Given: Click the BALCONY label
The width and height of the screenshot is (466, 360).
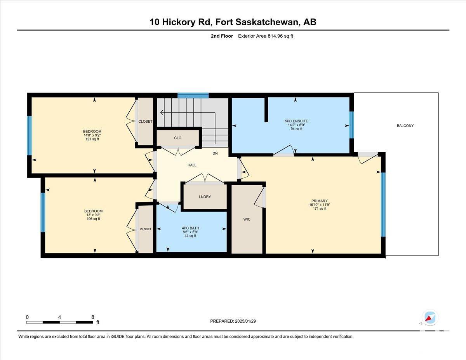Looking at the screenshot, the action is [405, 126].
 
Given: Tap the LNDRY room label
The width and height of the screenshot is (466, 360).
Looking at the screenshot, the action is [205, 197].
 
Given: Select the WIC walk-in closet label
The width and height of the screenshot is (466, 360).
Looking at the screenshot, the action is [247, 219].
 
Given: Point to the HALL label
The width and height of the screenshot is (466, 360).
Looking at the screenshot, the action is [192, 165].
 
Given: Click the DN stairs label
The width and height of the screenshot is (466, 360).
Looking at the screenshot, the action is [215, 153].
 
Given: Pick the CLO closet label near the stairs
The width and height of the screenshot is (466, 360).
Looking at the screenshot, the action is [178, 138].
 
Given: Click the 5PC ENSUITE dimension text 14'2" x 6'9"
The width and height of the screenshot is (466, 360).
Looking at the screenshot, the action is [296, 125].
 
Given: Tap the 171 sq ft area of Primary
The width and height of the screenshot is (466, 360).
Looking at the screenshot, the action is [320, 209].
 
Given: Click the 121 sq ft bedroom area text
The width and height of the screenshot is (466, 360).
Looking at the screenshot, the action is [92, 139].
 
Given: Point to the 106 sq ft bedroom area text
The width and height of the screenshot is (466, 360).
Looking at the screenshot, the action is [93, 219].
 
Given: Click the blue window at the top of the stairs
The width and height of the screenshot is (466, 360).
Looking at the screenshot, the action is [193, 95].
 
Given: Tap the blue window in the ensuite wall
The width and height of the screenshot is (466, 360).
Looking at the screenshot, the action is [351, 125].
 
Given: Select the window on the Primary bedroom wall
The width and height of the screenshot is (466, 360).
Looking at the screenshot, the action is [383, 205].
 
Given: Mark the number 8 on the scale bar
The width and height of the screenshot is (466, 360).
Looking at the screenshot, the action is [93, 317].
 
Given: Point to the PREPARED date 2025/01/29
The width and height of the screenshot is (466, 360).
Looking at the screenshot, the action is [245, 321].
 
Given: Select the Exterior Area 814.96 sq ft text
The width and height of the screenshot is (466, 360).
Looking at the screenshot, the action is [266, 36].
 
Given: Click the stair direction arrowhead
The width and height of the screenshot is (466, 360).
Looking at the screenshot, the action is [162, 112].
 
